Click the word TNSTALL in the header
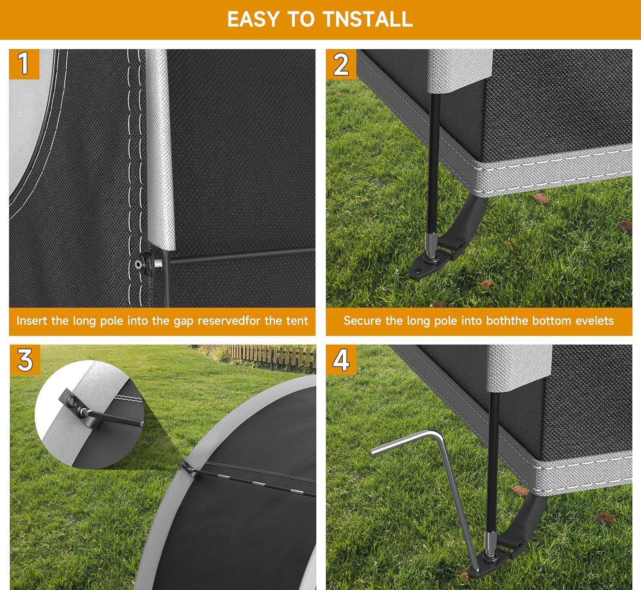(368, 19)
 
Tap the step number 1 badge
(24, 64)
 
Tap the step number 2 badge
(341, 64)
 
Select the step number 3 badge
(25, 360)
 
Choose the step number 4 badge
(341, 360)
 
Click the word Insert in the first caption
(32, 320)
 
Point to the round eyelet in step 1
(138, 264)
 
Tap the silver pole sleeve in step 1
(161, 149)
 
